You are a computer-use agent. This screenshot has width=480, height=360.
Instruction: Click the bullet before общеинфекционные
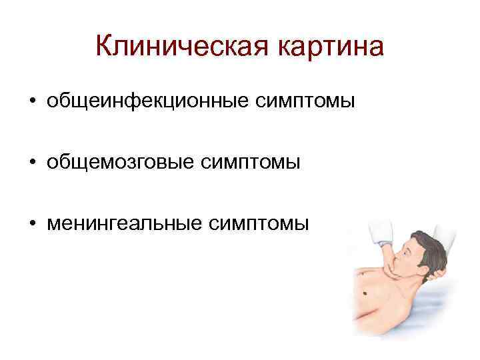(x=32, y=103)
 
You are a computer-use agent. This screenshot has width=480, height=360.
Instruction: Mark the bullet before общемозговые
(x=32, y=163)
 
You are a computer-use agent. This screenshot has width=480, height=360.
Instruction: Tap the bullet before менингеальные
(x=32, y=223)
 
